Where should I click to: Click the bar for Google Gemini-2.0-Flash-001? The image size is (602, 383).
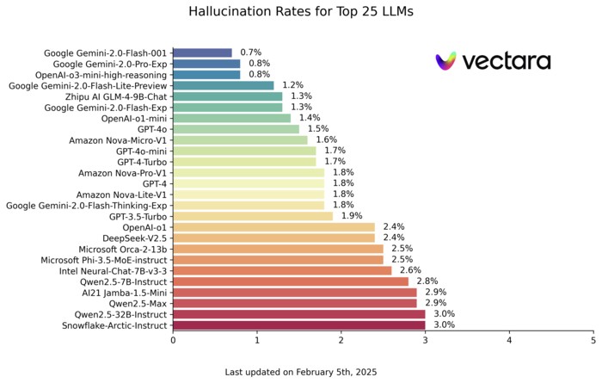(202, 53)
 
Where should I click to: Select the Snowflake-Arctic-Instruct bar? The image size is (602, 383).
(298, 325)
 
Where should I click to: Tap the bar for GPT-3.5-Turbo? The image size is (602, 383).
(253, 216)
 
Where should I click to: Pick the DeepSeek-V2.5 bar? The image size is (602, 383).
(273, 238)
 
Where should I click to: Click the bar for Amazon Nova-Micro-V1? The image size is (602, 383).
(240, 140)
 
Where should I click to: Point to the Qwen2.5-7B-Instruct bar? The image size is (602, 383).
(291, 281)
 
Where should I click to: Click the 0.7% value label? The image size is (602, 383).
(251, 53)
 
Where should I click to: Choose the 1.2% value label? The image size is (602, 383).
(293, 85)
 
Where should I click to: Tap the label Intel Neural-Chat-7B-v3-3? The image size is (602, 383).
(107, 270)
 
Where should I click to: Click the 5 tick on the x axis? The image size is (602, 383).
(593, 341)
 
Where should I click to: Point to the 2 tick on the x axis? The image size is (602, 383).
(341, 341)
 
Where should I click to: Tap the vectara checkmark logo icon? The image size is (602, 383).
(445, 61)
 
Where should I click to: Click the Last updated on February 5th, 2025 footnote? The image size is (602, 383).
(300, 372)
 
